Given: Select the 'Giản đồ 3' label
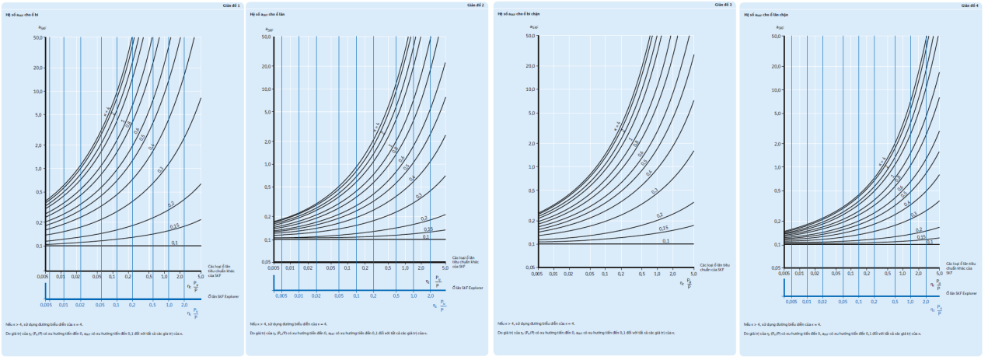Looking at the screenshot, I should click(721, 5).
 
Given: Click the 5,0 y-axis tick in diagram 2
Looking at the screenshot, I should click(267, 112).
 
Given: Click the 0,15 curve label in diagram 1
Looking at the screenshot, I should click(174, 226).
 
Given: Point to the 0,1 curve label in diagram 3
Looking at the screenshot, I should click(665, 241).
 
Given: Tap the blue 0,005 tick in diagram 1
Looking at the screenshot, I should click(46, 306).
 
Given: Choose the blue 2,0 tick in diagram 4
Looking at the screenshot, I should click(925, 302).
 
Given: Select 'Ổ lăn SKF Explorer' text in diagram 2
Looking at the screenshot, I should click(466, 288).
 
